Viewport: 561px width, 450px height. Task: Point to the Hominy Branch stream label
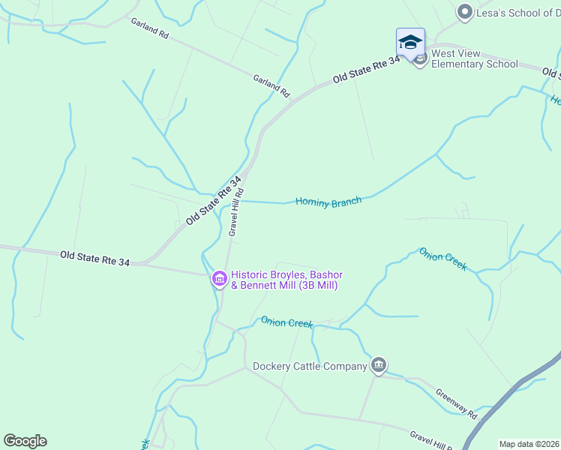click(x=328, y=201)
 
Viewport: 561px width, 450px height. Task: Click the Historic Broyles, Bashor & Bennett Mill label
click(x=286, y=280)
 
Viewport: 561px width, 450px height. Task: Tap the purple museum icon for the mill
click(x=220, y=280)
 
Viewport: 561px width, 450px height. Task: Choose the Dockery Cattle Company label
click(x=310, y=366)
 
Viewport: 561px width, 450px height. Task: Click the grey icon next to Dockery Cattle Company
click(x=379, y=365)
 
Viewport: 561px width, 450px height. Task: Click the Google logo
click(x=25, y=440)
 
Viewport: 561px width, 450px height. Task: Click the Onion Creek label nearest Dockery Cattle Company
click(x=286, y=322)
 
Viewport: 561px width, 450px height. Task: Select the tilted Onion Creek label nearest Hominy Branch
click(x=442, y=259)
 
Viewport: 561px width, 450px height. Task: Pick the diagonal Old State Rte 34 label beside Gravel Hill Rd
click(x=214, y=200)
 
